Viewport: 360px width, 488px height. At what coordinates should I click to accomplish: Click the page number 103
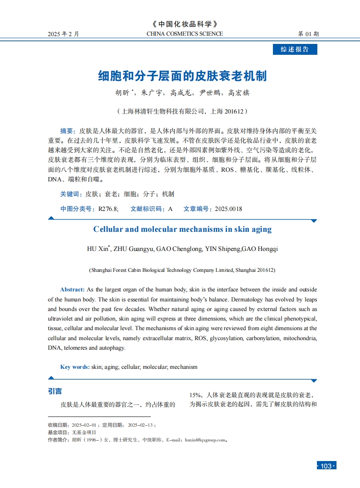(326, 466)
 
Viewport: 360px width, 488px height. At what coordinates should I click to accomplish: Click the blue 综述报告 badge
(295, 49)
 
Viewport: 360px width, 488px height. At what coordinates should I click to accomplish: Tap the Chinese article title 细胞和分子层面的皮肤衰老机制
(182, 76)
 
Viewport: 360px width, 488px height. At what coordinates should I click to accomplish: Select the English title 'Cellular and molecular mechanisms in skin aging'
(182, 229)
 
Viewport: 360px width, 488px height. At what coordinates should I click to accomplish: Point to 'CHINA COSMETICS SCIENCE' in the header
(185, 34)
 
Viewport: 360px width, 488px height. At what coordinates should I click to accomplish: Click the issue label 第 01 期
(308, 34)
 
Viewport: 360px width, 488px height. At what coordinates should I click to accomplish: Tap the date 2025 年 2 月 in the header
(64, 34)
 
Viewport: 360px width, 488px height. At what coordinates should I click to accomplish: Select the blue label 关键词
(70, 194)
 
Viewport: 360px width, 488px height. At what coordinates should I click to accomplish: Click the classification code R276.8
(108, 209)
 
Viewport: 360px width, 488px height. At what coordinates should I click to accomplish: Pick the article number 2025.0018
(229, 209)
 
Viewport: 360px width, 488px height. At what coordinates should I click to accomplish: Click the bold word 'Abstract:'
(72, 289)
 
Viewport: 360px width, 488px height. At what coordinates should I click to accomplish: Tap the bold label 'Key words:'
(75, 367)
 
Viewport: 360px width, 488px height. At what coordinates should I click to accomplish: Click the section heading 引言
(55, 391)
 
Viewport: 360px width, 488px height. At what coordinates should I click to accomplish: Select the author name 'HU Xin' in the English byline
(98, 249)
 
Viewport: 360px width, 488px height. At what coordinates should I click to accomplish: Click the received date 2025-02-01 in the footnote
(84, 425)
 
